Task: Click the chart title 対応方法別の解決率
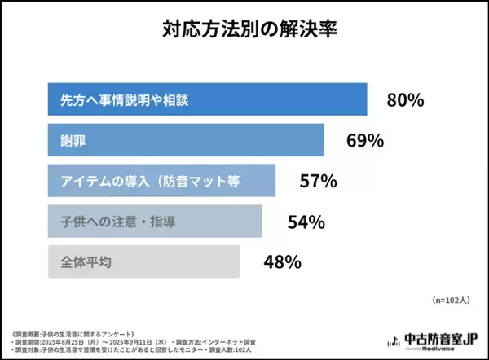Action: (244, 31)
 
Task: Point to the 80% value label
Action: (405, 101)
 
